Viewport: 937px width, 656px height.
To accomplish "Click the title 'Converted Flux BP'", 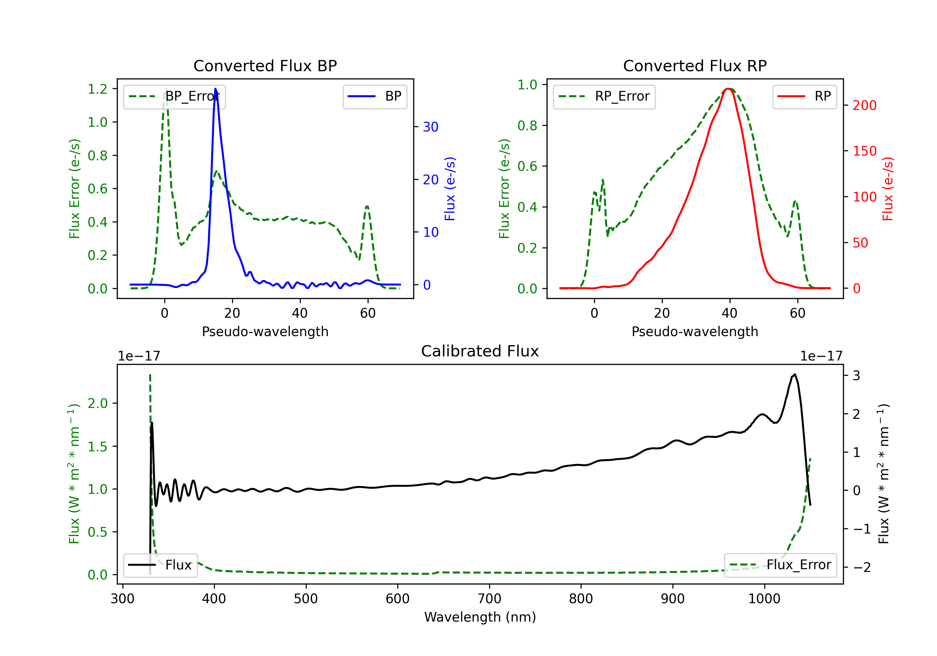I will (265, 66).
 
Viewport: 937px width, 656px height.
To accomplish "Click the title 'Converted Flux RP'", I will (695, 66).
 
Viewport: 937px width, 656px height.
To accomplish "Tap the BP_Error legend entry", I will (174, 97).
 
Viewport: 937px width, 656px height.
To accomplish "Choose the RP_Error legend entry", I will (604, 97).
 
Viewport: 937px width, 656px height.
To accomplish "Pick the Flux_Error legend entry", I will (780, 565).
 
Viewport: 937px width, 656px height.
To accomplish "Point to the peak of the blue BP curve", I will (216, 89).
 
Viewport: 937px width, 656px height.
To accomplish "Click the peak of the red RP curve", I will (728, 89).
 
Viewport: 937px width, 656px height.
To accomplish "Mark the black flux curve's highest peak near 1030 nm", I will (794, 374).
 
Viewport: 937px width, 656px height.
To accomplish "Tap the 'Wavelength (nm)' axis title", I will (480, 617).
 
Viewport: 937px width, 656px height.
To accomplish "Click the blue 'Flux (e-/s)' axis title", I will (450, 189).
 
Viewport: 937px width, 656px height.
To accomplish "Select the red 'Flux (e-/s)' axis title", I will (888, 189).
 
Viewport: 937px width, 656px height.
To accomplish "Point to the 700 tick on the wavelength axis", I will (489, 599).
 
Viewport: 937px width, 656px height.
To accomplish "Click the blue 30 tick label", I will (430, 127).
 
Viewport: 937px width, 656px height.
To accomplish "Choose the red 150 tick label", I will (864, 151).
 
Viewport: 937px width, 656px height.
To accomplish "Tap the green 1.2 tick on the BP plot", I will (97, 89).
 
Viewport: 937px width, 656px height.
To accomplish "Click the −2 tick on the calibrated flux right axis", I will (861, 567).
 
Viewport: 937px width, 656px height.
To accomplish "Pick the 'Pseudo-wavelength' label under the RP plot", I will (695, 331).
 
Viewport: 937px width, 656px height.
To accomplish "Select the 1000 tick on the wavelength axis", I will (764, 599).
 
